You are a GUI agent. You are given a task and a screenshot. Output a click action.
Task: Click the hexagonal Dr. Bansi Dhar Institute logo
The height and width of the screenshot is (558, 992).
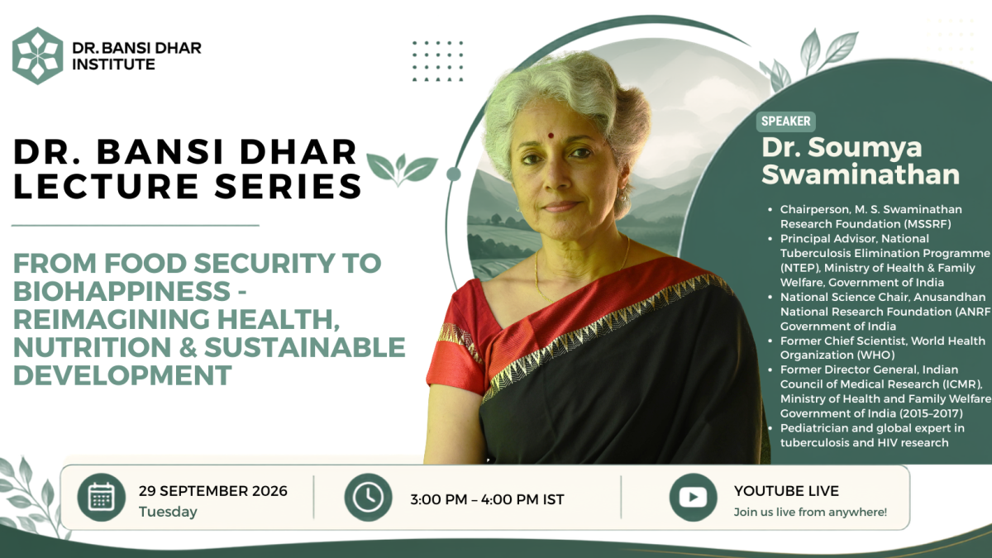pos(38,56)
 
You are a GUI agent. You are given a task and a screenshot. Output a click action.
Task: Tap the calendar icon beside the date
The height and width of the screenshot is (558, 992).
pos(102,498)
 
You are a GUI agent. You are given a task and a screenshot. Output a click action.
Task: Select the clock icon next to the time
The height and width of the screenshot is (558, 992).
pos(369,498)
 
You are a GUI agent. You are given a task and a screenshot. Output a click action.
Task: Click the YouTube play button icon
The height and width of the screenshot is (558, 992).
pos(693,498)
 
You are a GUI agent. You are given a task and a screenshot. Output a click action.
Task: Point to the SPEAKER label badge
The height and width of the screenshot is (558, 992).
pos(785,122)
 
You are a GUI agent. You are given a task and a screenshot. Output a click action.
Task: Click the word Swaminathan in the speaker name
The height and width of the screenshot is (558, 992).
pos(861,174)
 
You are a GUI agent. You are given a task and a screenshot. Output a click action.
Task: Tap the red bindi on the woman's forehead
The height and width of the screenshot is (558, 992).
pos(551,136)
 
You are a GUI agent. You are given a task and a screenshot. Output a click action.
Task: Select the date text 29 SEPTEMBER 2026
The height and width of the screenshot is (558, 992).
pos(213,491)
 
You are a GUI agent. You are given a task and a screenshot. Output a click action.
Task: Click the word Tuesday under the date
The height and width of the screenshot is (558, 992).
pos(168,512)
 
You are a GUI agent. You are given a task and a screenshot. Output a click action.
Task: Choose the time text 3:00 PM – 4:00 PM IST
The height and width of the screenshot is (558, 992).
pos(487,499)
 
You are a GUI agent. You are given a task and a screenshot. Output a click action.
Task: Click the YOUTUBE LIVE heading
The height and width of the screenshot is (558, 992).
pos(786,491)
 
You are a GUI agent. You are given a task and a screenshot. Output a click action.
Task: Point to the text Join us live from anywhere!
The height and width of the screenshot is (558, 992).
pos(810,512)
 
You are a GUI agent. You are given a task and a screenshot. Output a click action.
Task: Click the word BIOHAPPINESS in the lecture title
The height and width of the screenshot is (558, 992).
pos(122,291)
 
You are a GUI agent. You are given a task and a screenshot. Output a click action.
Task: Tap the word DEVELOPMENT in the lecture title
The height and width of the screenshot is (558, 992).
pos(122,375)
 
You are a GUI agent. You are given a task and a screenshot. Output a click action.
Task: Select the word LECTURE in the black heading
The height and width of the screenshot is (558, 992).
pos(106,186)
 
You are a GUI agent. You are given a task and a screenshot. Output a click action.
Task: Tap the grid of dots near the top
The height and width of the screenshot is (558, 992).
pos(437,61)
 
